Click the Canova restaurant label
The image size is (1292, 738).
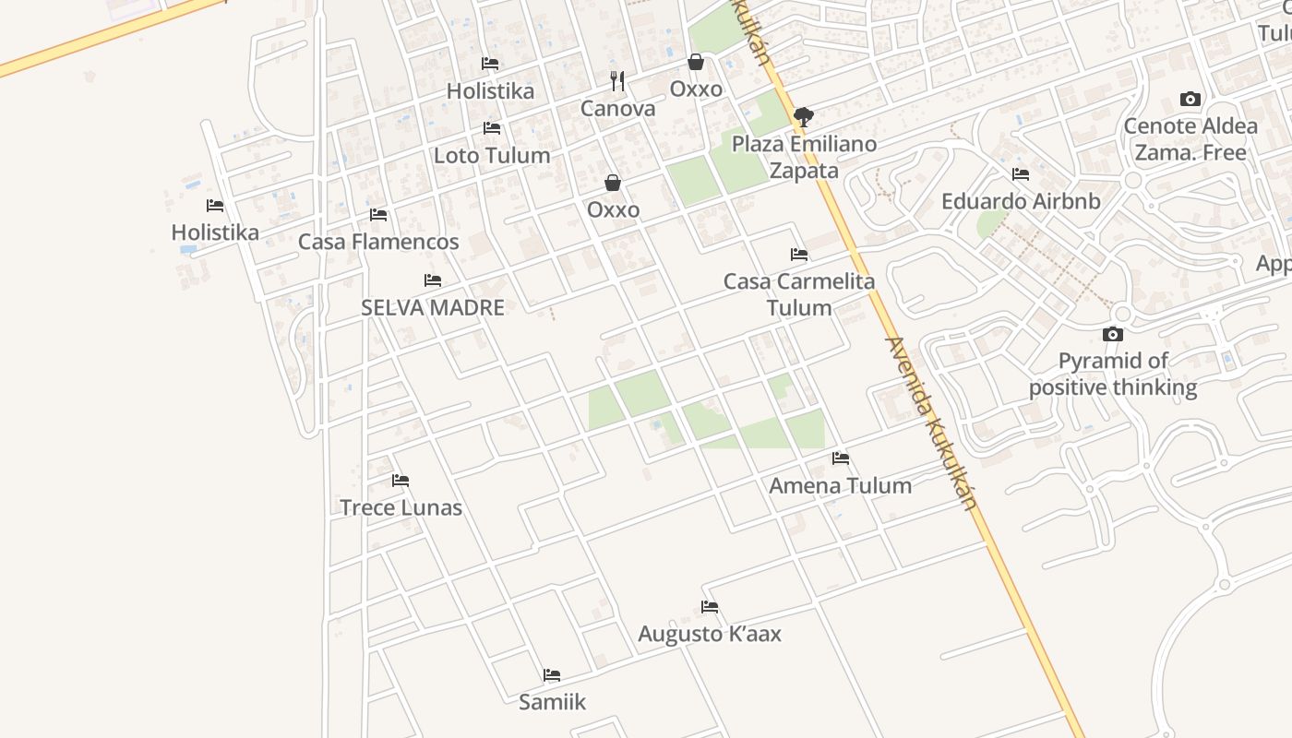click(617, 109)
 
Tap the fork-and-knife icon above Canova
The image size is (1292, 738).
click(617, 81)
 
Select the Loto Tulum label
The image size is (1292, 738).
click(492, 155)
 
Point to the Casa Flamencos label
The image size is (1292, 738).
click(378, 242)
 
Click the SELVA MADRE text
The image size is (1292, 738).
click(433, 307)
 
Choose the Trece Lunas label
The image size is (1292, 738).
click(401, 507)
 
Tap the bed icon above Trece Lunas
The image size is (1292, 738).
click(401, 481)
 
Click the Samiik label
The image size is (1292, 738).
click(552, 702)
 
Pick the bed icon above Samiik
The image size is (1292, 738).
click(552, 675)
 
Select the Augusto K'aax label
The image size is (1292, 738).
click(710, 634)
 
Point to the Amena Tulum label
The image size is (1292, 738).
click(840, 485)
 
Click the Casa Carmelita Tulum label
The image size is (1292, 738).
click(799, 294)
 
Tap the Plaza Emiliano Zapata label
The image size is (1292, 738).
click(804, 157)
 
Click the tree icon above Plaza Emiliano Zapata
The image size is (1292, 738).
click(804, 117)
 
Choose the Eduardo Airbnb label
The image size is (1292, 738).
click(1021, 201)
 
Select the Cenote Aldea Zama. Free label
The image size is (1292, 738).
click(1190, 139)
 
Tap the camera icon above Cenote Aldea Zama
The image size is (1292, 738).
click(1190, 100)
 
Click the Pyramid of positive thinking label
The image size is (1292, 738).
click(1113, 374)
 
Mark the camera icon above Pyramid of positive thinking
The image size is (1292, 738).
click(1113, 334)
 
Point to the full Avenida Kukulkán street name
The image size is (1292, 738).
click(930, 423)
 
